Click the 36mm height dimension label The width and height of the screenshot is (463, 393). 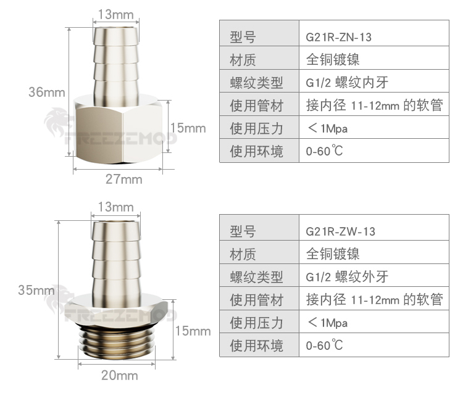47,92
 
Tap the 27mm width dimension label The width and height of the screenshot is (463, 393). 123,179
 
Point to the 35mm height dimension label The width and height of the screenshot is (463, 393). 36,290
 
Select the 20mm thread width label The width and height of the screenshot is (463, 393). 120,375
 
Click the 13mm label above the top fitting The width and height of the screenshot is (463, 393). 115,14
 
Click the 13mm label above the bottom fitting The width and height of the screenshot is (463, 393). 115,207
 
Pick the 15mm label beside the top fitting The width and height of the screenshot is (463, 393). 188,128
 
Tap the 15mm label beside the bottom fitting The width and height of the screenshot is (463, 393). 193,331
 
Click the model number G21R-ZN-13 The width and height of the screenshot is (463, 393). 338,37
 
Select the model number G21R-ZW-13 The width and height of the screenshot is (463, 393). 340,231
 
